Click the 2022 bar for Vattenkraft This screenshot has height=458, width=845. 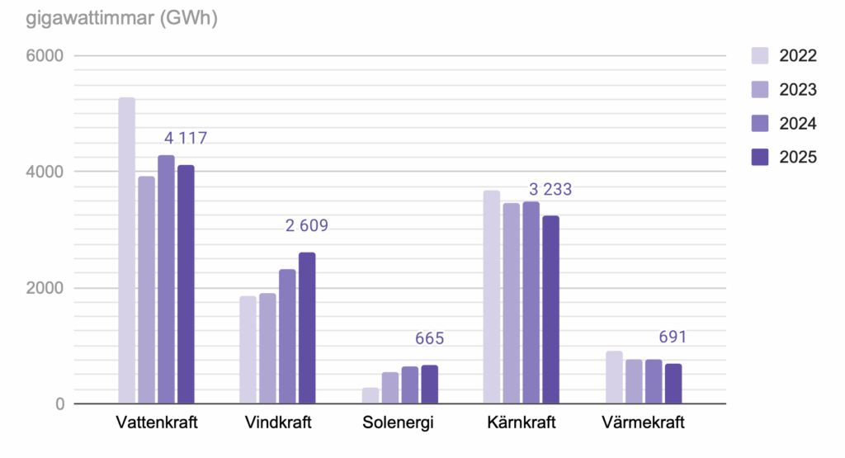(x=126, y=251)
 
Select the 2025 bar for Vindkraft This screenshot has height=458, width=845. (x=307, y=328)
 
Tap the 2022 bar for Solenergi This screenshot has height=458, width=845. (x=371, y=396)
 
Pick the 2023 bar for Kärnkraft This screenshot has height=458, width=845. (x=512, y=304)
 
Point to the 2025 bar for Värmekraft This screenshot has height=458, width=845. (x=673, y=384)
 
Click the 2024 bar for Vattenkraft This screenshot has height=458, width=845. (x=166, y=280)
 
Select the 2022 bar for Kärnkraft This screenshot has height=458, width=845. (x=492, y=297)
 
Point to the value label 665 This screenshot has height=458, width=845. (x=429, y=339)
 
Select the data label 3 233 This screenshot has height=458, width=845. (x=545, y=190)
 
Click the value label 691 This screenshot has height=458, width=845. (x=673, y=338)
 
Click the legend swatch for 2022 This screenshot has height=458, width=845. (x=760, y=56)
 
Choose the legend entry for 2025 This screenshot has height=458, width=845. (x=784, y=158)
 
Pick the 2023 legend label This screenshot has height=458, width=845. (x=797, y=90)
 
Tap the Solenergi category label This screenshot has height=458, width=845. (x=398, y=423)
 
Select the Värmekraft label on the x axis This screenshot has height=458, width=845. (x=644, y=423)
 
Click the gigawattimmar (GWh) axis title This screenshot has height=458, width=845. (x=109, y=19)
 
